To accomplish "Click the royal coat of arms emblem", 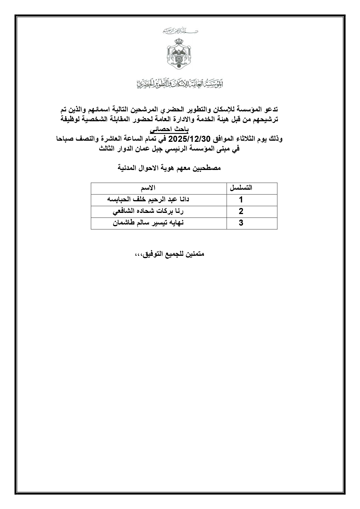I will coord(180,55).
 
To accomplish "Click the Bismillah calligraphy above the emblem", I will coord(180,31).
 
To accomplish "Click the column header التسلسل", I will coord(241,188).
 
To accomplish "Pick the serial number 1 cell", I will coord(241,200).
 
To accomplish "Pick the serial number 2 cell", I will coord(241,211).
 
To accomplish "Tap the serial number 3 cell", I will coord(241,223).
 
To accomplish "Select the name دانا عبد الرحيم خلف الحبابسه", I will coord(148,200).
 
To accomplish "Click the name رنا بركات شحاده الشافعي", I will coord(148,211).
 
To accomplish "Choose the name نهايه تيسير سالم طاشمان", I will coord(148,223).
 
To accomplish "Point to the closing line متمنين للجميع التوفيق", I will coord(170,254).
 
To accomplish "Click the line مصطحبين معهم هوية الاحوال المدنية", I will coord(169,168).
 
